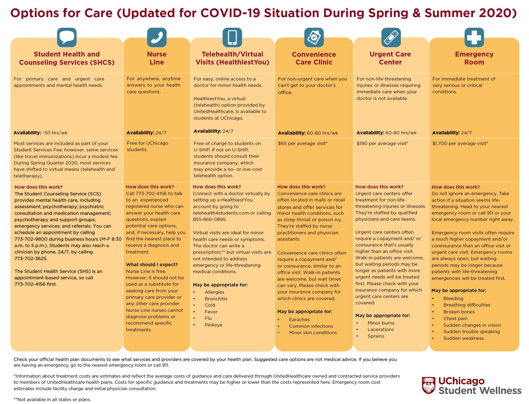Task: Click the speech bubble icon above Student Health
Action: coord(67,37)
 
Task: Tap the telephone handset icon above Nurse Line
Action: coord(157,37)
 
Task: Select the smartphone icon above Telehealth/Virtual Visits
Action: coord(232,37)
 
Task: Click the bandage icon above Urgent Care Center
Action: coord(391,37)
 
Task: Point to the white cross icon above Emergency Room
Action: coord(474,37)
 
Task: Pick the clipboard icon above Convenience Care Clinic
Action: coord(314,37)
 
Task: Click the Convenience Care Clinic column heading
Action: coord(314,58)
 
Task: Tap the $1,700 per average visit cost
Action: coord(460,143)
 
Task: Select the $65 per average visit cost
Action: coord(303,143)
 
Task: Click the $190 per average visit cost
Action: coord(382,143)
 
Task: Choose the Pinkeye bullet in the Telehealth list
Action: coord(213,325)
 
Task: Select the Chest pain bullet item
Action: coord(455,318)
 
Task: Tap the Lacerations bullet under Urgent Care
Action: coord(380,329)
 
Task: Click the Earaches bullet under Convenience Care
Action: coord(299,320)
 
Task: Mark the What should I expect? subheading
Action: coord(152,265)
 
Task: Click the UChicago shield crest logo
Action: coord(428,385)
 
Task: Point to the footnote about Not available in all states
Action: coord(52,399)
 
